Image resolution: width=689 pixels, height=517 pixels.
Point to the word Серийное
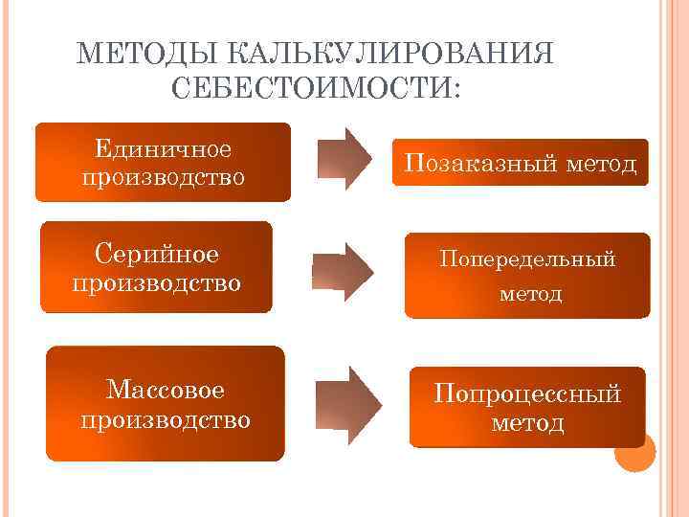tap(157, 255)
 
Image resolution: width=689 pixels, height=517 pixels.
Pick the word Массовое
tap(166, 390)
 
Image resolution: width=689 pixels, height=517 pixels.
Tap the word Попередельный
tap(527, 258)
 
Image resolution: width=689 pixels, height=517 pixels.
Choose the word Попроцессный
tap(527, 393)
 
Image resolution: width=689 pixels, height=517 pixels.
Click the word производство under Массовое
tap(166, 419)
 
